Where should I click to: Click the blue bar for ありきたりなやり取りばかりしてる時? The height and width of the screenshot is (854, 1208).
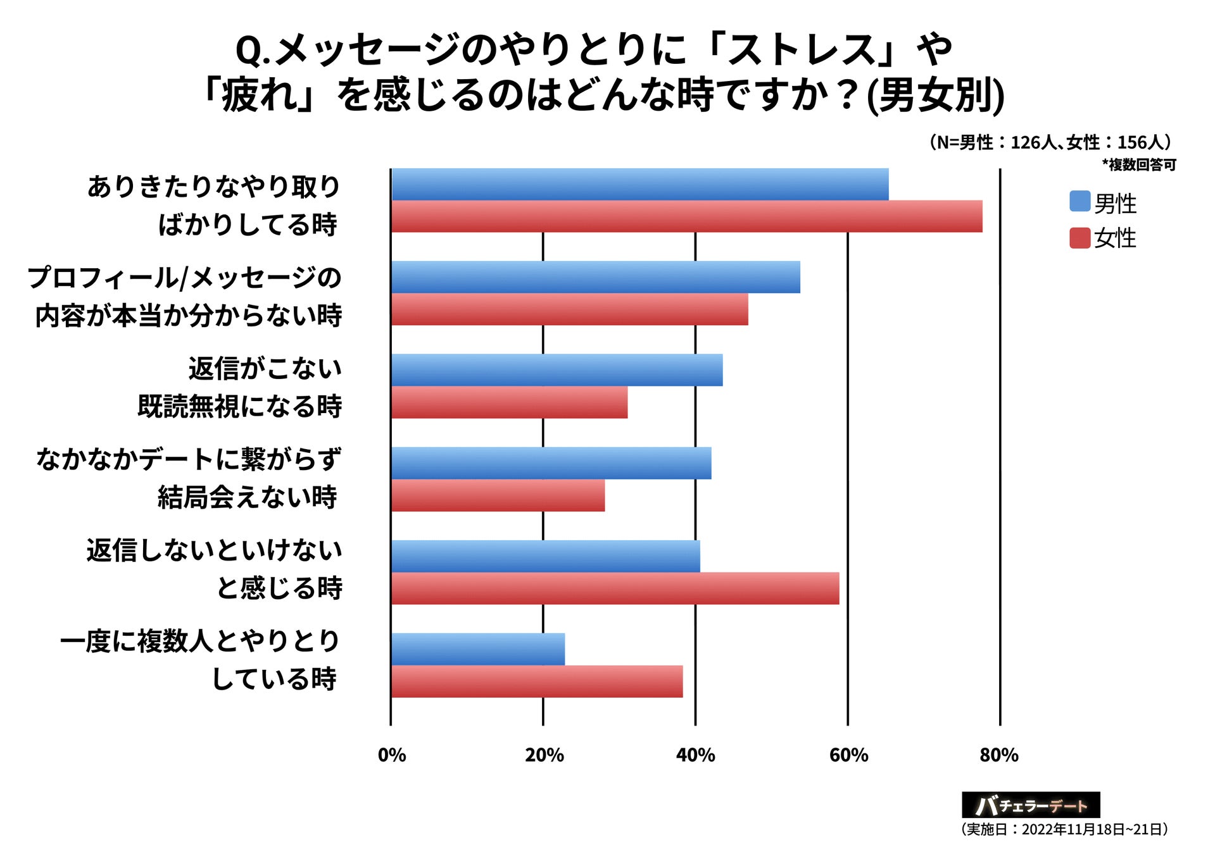pyautogui.click(x=639, y=185)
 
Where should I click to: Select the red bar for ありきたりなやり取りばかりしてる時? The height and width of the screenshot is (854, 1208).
pyautogui.click(x=686, y=216)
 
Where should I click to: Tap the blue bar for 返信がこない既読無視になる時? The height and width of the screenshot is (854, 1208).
pyautogui.click(x=557, y=370)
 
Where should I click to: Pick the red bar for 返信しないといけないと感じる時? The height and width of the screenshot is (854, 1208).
pyautogui.click(x=615, y=588)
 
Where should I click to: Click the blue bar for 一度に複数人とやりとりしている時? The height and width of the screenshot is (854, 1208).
pyautogui.click(x=477, y=649)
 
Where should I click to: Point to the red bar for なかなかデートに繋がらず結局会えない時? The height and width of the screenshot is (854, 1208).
pyautogui.click(x=498, y=495)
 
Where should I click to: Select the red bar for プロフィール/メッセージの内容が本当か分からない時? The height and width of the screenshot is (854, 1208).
pyautogui.click(x=569, y=309)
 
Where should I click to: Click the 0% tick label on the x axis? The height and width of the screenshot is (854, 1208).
pyautogui.click(x=391, y=755)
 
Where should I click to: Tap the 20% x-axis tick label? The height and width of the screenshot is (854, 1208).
pyautogui.click(x=544, y=755)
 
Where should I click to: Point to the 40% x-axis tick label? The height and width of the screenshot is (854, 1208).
pyautogui.click(x=695, y=755)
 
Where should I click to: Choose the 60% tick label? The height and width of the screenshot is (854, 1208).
pyautogui.click(x=848, y=755)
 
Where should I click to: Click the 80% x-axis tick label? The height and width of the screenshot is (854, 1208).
pyautogui.click(x=999, y=755)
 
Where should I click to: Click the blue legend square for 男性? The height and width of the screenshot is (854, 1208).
pyautogui.click(x=1079, y=201)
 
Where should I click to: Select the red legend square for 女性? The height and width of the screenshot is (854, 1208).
pyautogui.click(x=1079, y=238)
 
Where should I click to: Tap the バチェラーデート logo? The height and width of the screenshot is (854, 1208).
pyautogui.click(x=1030, y=805)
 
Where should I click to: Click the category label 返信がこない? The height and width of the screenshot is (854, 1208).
pyautogui.click(x=265, y=368)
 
